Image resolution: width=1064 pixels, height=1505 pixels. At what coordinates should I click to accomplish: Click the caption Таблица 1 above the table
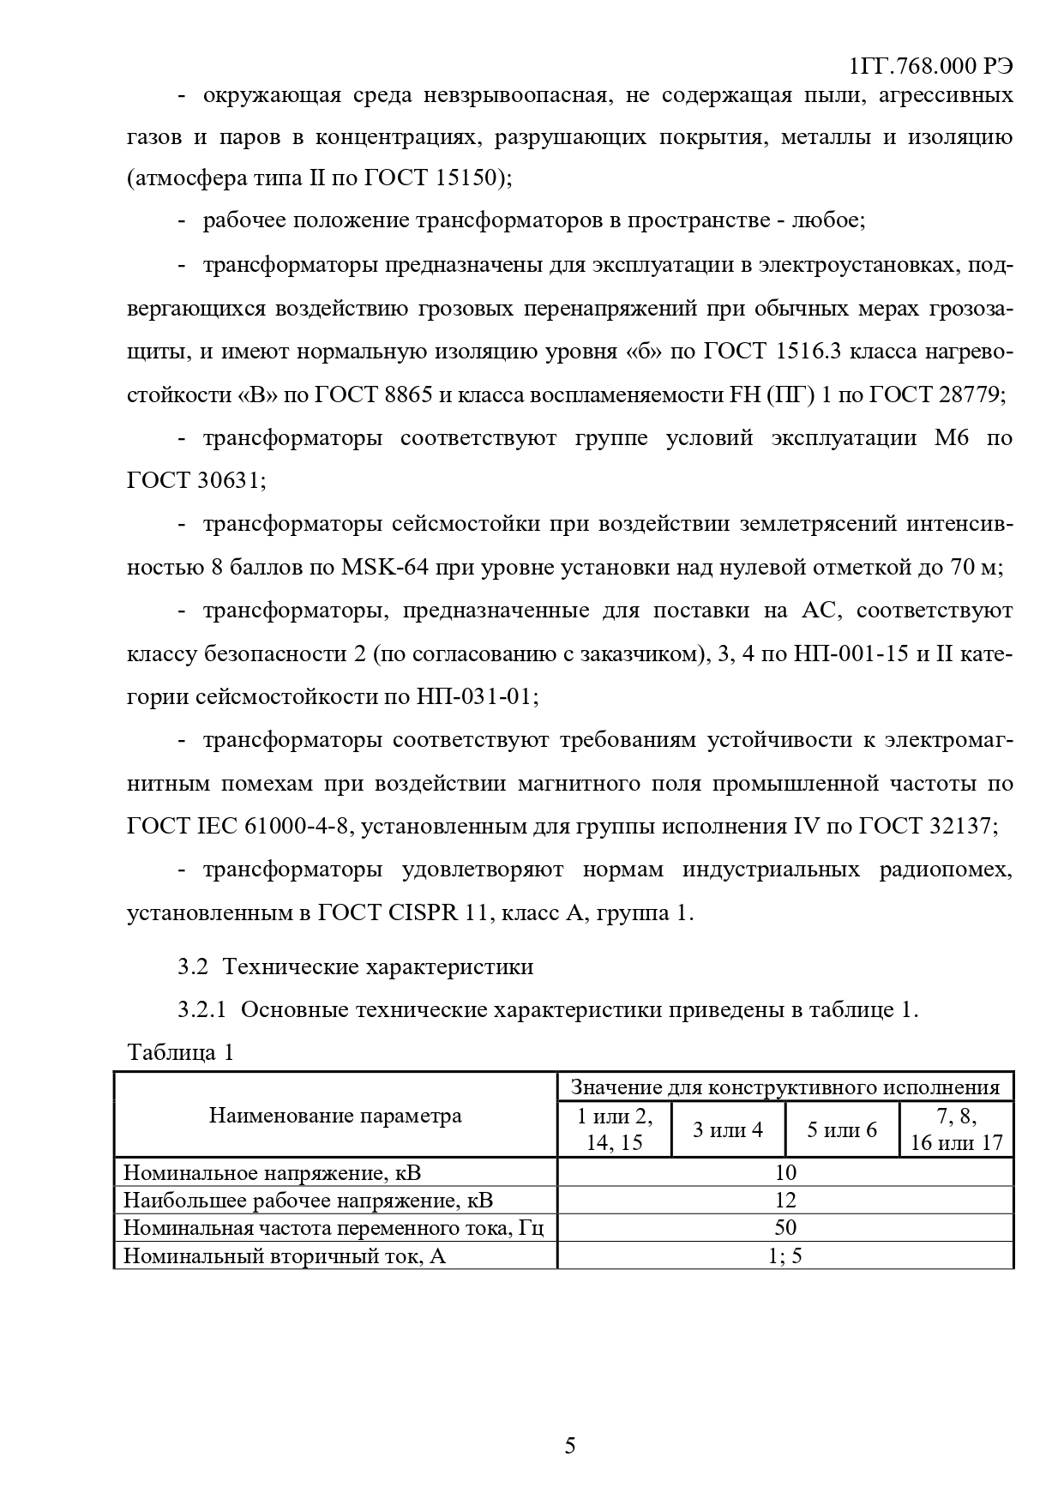[x=180, y=1052]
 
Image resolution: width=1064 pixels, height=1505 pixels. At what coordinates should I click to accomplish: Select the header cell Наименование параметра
[x=335, y=1115]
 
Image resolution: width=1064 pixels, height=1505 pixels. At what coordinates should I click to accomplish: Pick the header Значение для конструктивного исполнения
[x=784, y=1087]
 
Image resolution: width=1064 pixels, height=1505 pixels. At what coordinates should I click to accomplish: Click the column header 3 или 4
[x=727, y=1129]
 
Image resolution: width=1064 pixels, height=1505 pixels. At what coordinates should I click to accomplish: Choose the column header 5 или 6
[x=842, y=1129]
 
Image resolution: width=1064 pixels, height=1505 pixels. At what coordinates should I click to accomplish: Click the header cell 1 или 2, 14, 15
[x=614, y=1129]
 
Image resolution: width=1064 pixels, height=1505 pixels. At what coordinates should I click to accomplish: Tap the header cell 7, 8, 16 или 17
[x=956, y=1129]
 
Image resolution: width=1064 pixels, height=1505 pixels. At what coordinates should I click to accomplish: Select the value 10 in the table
[x=784, y=1172]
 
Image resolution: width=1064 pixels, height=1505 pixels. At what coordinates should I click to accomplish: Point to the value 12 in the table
[x=784, y=1200]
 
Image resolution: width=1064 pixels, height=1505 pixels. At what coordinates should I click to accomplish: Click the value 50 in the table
[x=784, y=1228]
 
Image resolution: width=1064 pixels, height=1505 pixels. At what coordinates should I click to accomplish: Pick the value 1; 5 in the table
[x=784, y=1256]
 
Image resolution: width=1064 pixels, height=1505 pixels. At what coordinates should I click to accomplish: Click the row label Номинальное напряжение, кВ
[x=273, y=1172]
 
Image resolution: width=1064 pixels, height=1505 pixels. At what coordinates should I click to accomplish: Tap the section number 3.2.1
[x=201, y=1009]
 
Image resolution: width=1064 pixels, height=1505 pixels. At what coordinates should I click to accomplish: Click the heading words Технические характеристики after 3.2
[x=378, y=966]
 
